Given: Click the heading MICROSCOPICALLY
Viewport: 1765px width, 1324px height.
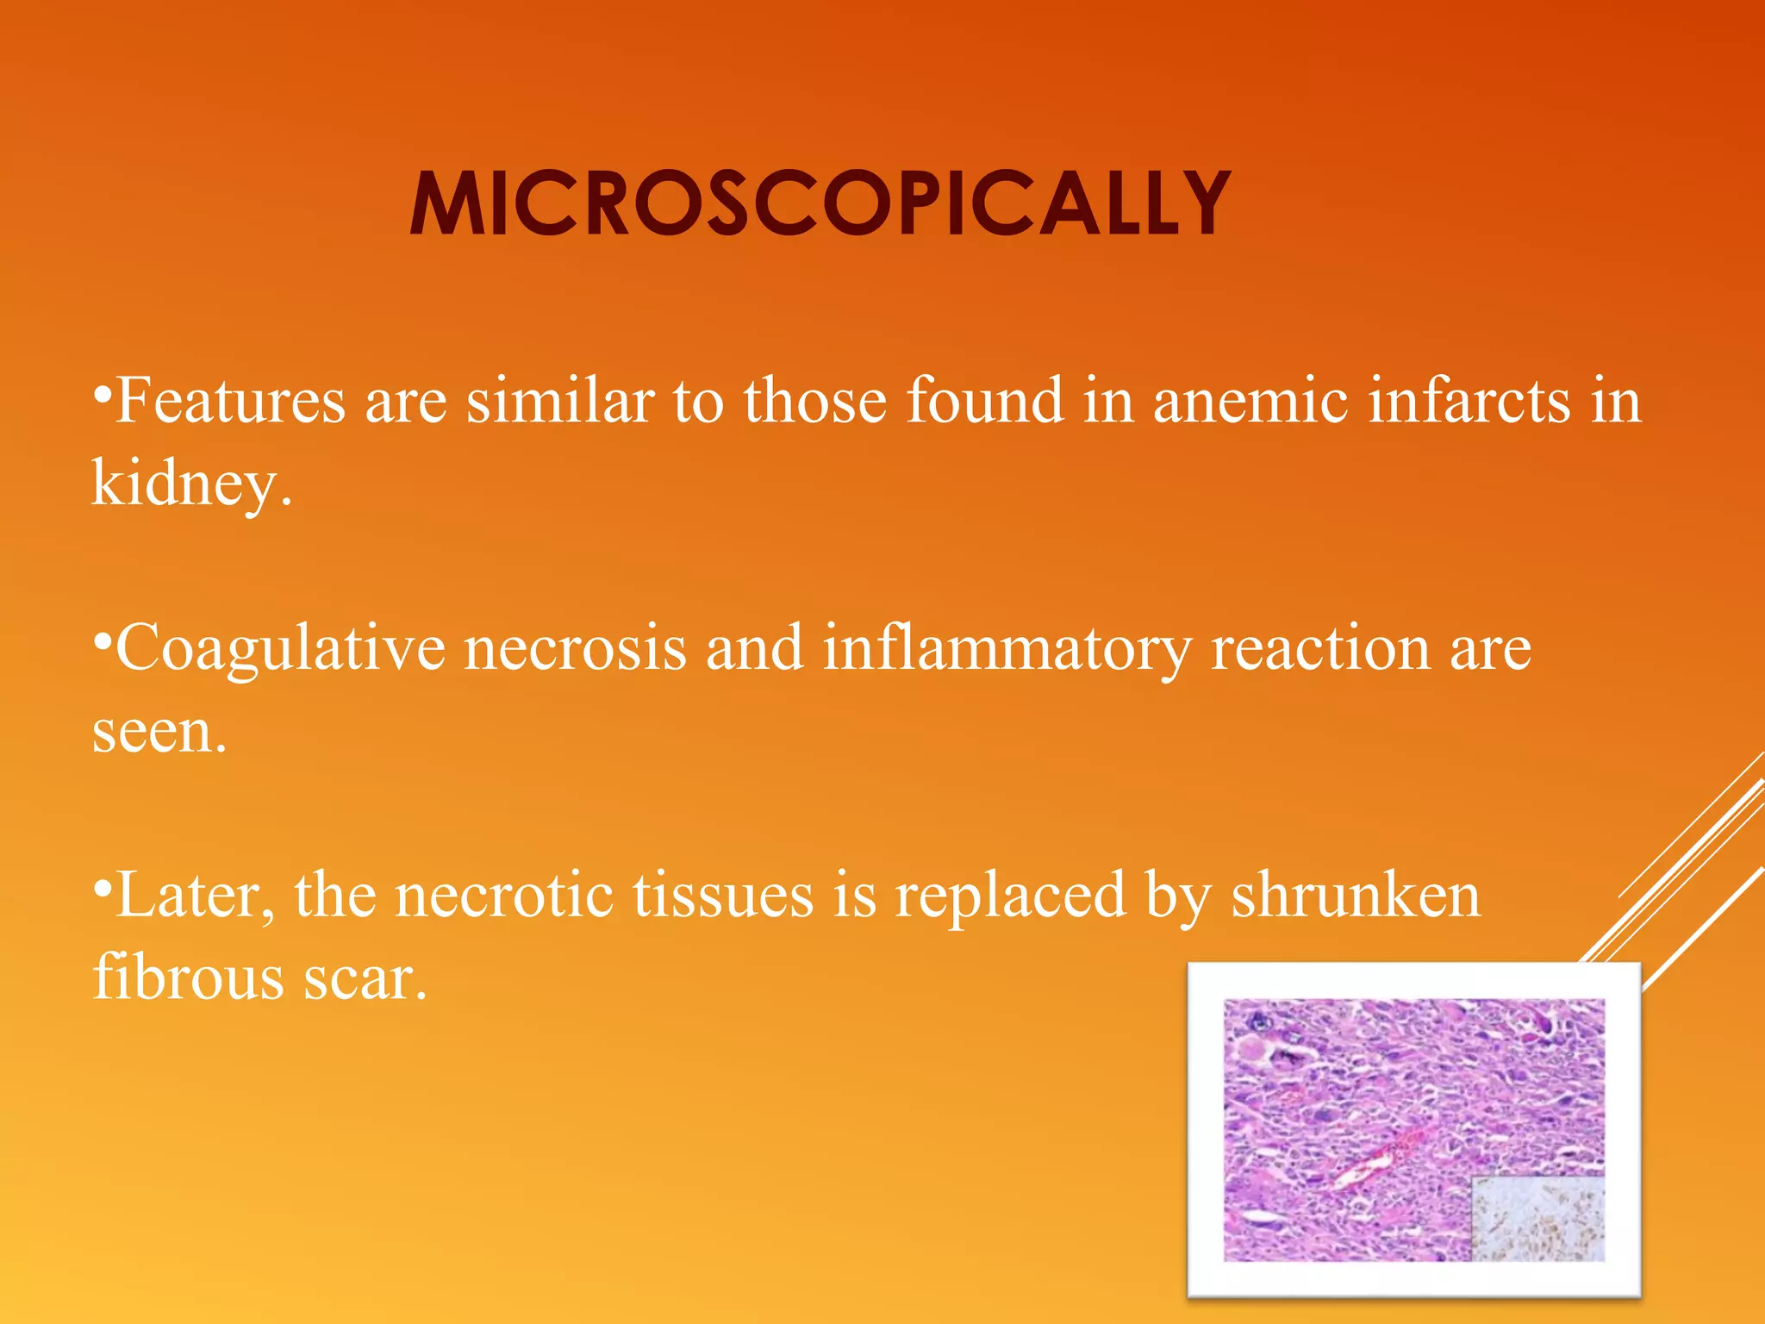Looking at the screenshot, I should pyautogui.click(x=820, y=203).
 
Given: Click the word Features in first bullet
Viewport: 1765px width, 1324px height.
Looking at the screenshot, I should pyautogui.click(x=230, y=402).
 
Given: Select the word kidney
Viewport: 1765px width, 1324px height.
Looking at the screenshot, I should pyautogui.click(x=185, y=484).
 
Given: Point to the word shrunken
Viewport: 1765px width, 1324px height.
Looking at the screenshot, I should pyautogui.click(x=1356, y=896).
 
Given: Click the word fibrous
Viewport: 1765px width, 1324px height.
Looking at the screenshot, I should pyautogui.click(x=188, y=978).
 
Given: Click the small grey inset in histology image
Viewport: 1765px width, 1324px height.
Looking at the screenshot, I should pyautogui.click(x=1537, y=1218).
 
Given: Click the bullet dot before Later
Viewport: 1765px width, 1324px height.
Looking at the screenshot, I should pyautogui.click(x=102, y=888).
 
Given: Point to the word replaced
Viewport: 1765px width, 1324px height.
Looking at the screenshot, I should pyautogui.click(x=1010, y=896).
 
